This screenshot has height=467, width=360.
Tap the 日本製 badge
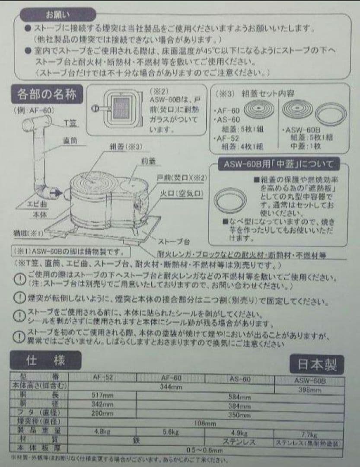[x=317, y=365]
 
